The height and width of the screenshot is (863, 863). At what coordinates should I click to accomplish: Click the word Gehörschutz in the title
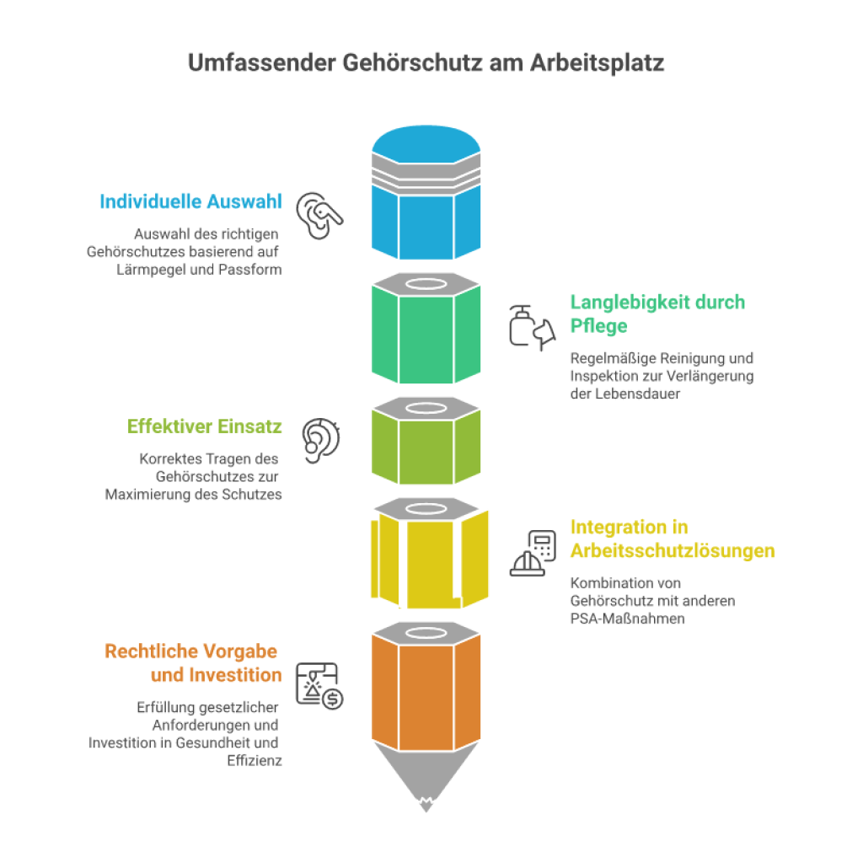tap(412, 62)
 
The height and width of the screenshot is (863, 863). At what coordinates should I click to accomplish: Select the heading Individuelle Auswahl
tap(190, 201)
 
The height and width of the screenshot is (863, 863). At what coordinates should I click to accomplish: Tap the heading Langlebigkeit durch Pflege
tap(657, 314)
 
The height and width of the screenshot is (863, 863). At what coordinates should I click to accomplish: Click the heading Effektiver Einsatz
tap(204, 426)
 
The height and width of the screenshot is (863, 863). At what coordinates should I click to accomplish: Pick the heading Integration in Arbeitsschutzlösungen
tap(672, 539)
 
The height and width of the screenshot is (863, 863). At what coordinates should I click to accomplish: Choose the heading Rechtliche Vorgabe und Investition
tap(193, 662)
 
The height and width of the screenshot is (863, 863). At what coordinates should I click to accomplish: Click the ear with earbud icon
tap(319, 215)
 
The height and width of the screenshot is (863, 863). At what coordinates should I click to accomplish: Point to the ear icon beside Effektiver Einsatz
tap(321, 440)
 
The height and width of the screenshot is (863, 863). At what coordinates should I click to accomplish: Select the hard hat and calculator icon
tap(533, 553)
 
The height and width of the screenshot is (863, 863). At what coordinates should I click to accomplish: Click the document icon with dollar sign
tap(319, 686)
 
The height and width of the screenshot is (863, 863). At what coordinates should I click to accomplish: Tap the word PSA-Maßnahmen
tap(627, 619)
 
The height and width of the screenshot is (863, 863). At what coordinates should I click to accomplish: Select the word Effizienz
tap(255, 761)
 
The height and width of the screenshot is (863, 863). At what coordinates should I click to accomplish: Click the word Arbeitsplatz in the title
tap(598, 62)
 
